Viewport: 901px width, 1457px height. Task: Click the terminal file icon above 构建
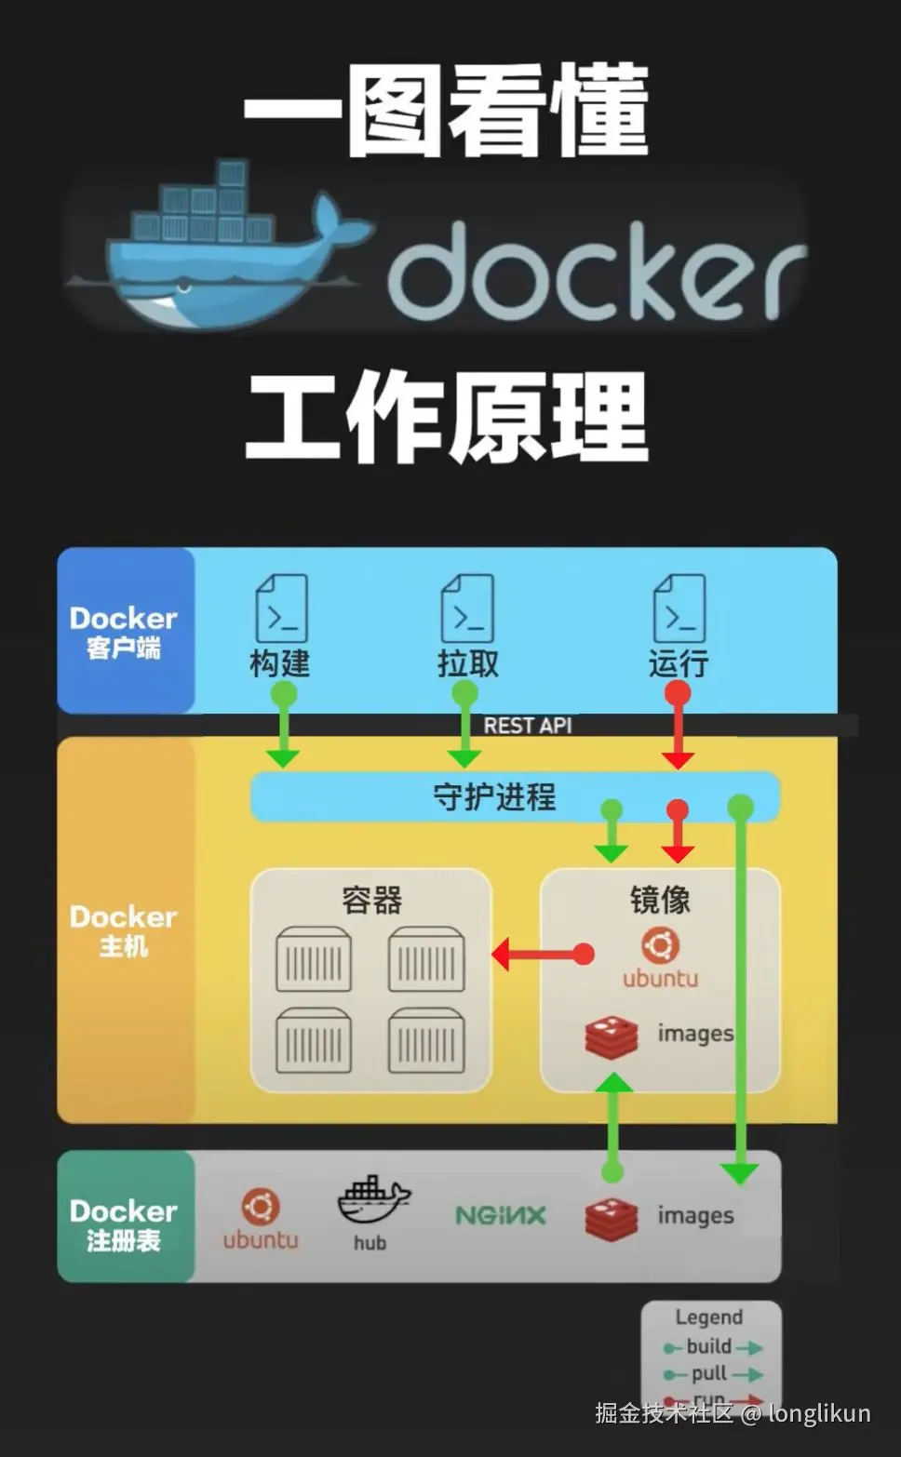click(281, 608)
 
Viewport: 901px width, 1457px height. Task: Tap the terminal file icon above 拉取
click(467, 608)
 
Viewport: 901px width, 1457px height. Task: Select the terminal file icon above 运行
click(679, 608)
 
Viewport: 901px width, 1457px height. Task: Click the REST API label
click(527, 726)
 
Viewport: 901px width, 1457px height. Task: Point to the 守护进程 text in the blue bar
click(494, 797)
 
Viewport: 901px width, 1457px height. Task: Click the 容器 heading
click(371, 900)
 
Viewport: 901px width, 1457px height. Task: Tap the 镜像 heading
click(660, 900)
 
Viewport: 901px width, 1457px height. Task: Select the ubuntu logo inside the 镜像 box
click(660, 946)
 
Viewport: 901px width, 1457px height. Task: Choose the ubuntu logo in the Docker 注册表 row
click(261, 1207)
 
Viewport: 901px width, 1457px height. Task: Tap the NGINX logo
click(500, 1215)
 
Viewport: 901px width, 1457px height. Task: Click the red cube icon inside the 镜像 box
click(612, 1037)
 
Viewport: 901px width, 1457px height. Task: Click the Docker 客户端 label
click(124, 632)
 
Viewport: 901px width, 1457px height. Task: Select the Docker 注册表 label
click(124, 1224)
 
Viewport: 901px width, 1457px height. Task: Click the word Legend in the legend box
click(709, 1317)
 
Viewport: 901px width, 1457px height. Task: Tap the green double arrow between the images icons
click(612, 1126)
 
